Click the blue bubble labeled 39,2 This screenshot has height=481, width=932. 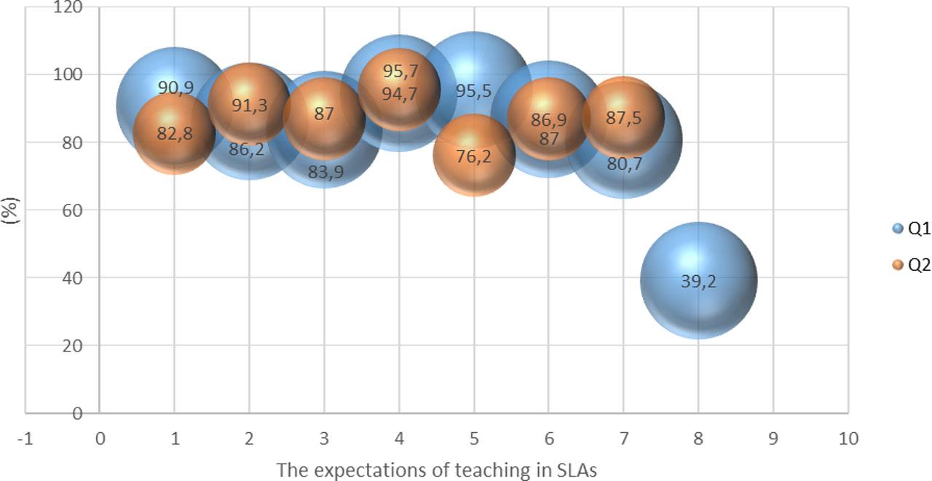pyautogui.click(x=698, y=280)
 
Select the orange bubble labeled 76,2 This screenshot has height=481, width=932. pyautogui.click(x=474, y=156)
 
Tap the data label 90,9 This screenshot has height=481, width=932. pyautogui.click(x=175, y=88)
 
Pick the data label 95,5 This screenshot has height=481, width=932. pyautogui.click(x=473, y=91)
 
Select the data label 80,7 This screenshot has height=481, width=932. pyautogui.click(x=625, y=164)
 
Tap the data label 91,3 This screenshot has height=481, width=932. pyautogui.click(x=249, y=105)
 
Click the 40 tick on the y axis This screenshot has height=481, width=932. pyautogui.click(x=72, y=277)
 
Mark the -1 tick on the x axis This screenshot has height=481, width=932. pyautogui.click(x=25, y=438)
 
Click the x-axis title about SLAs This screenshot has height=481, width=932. pyautogui.click(x=436, y=469)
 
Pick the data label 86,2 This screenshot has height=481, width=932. pyautogui.click(x=247, y=150)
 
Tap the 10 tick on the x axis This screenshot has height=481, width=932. pyautogui.click(x=848, y=438)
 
